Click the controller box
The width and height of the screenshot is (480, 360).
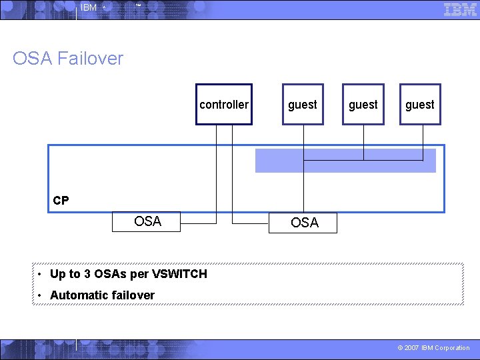pos(224,105)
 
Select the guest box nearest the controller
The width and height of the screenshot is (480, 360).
pos(303,105)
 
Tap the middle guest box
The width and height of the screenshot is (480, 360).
pos(363,105)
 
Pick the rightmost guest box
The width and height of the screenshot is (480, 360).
pos(420,105)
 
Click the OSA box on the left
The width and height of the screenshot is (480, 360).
pos(147,221)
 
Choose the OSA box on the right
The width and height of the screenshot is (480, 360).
pos(305,223)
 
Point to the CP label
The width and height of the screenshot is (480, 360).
pos(61,201)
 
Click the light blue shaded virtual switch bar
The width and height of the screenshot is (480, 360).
pos(345,161)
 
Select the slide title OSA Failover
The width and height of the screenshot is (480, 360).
pos(68,59)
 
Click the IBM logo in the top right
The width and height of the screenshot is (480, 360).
pos(460,9)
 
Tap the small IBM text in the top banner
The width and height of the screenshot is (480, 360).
pos(88,8)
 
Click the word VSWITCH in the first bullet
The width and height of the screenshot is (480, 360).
pos(180,274)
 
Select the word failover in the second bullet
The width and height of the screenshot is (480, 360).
pos(133,295)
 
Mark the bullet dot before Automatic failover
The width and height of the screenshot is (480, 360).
pos(41,295)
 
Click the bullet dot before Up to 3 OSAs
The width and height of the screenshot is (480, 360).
pos(41,274)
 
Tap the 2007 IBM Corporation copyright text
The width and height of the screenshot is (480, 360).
pos(433,348)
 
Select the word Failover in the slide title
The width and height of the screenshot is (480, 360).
pos(90,59)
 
